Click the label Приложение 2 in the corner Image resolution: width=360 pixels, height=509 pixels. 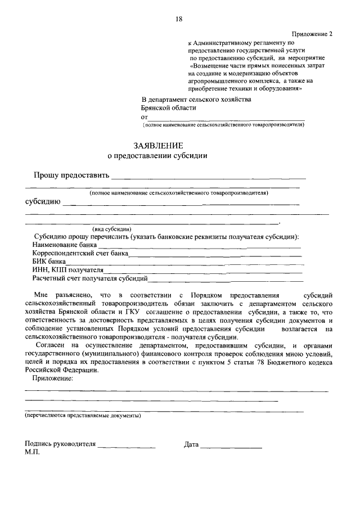click(x=312, y=34)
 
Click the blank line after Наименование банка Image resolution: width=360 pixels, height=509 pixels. click(x=200, y=245)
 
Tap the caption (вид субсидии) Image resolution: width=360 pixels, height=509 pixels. click(x=112, y=229)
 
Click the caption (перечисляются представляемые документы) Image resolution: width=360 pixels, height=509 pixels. click(x=83, y=416)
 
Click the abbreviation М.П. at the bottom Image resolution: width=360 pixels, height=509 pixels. click(x=33, y=452)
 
